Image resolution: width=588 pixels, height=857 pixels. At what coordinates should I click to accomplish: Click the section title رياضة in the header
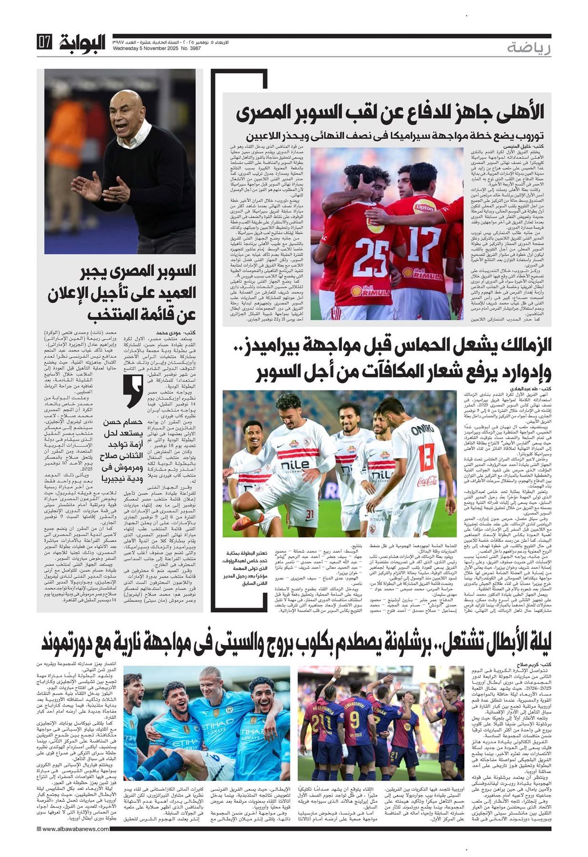click(529, 48)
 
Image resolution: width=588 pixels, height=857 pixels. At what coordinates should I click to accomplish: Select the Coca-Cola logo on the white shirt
click(428, 481)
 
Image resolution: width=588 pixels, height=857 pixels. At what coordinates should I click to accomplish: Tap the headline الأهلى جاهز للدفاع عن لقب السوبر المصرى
click(390, 112)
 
